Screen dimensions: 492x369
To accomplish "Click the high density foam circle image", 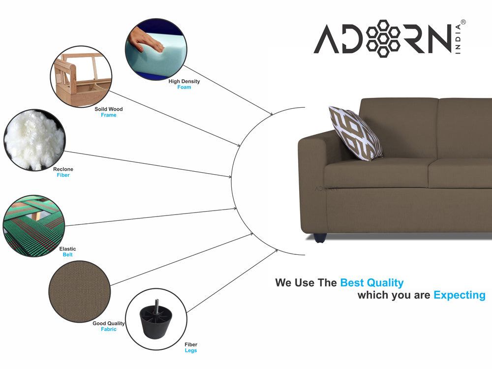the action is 156,49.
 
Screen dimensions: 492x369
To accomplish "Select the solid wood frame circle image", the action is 81,77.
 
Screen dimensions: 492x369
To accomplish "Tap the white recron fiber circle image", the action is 34,140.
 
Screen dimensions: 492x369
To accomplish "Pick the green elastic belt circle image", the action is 34,226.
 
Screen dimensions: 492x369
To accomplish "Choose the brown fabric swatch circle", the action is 80,291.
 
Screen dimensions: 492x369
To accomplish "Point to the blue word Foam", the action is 184,87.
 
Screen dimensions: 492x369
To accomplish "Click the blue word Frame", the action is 109,115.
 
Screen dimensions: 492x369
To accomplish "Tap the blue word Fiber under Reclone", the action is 63,175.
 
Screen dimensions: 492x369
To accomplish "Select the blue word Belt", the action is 67,255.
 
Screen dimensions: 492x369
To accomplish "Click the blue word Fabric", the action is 109,329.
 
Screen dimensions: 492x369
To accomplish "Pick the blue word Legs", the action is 191,350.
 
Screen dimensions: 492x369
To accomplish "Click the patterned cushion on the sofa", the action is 356,133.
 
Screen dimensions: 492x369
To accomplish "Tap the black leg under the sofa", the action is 320,238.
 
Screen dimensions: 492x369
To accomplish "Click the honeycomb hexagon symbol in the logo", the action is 383,38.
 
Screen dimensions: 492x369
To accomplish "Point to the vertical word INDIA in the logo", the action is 458,39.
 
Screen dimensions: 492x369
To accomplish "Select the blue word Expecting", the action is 460,295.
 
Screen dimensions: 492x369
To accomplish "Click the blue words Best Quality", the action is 372,283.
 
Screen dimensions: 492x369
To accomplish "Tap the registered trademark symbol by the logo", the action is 463,22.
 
